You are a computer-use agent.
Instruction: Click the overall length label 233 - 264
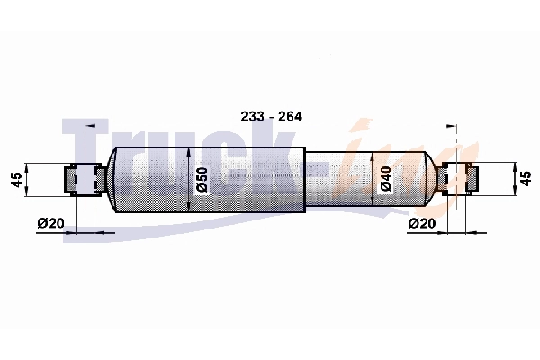pyautogui.click(x=271, y=117)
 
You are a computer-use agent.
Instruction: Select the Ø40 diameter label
pyautogui.click(x=385, y=180)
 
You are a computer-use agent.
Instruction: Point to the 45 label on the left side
pyautogui.click(x=15, y=180)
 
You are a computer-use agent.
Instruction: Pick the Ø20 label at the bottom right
pyautogui.click(x=422, y=223)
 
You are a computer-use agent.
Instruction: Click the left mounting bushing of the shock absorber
pyautogui.click(x=81, y=179)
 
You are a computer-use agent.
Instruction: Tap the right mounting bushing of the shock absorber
pyautogui.click(x=458, y=179)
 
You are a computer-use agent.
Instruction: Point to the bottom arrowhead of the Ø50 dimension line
pyautogui.click(x=189, y=209)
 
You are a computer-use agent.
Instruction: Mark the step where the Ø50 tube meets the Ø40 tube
pyautogui.click(x=305, y=180)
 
